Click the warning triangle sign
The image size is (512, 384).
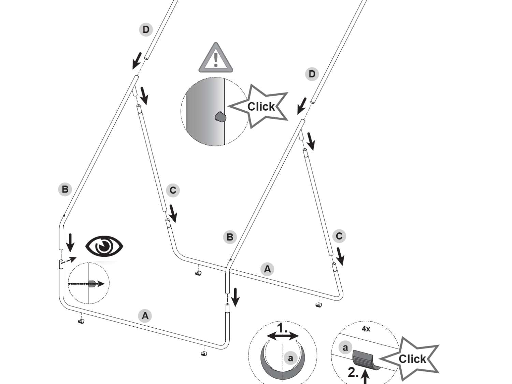click(x=216, y=59)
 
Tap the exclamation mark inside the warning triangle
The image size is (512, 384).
click(x=216, y=59)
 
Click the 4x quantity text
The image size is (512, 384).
click(x=366, y=329)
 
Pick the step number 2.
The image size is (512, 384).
click(x=353, y=372)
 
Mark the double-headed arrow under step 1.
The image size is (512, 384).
click(x=283, y=337)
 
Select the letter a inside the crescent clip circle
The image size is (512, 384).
click(x=290, y=358)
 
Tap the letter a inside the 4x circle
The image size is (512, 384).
click(x=345, y=348)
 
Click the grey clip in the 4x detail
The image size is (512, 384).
click(x=364, y=359)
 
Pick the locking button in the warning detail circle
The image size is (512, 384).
click(x=221, y=117)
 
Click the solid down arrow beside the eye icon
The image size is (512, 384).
click(x=70, y=242)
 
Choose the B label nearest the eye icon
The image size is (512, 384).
click(x=65, y=189)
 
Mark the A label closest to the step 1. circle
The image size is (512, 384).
click(x=267, y=269)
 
